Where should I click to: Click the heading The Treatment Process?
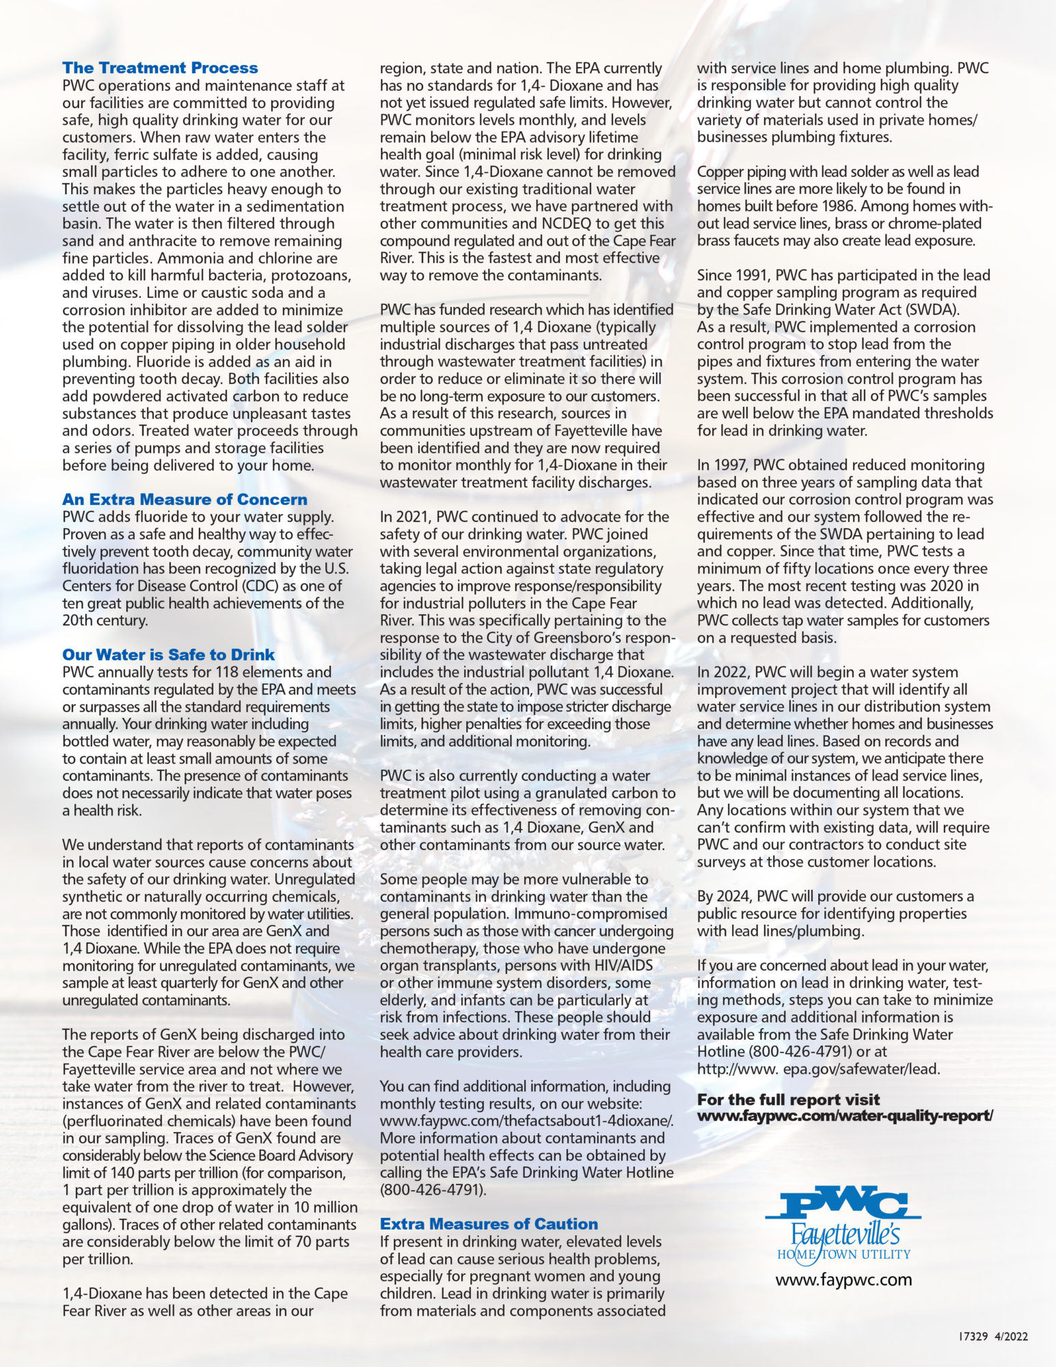pos(160,68)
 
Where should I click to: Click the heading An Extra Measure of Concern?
pos(185,499)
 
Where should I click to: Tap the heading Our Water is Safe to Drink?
pos(168,654)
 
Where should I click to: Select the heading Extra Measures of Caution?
pos(489,1223)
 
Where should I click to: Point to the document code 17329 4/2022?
pos(997,1336)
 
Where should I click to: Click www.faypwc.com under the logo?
pos(843,1280)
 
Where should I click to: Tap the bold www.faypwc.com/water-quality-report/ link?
pos(845,1116)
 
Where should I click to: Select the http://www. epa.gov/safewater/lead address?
pos(818,1069)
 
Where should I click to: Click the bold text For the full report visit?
pos(788,1099)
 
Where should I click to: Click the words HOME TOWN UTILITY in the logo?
pos(843,1254)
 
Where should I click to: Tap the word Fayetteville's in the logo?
pos(845,1235)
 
